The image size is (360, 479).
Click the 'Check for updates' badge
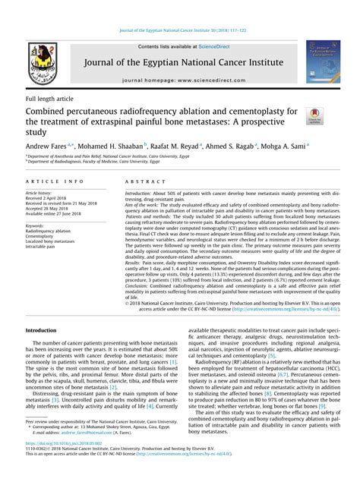pos(315,114)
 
